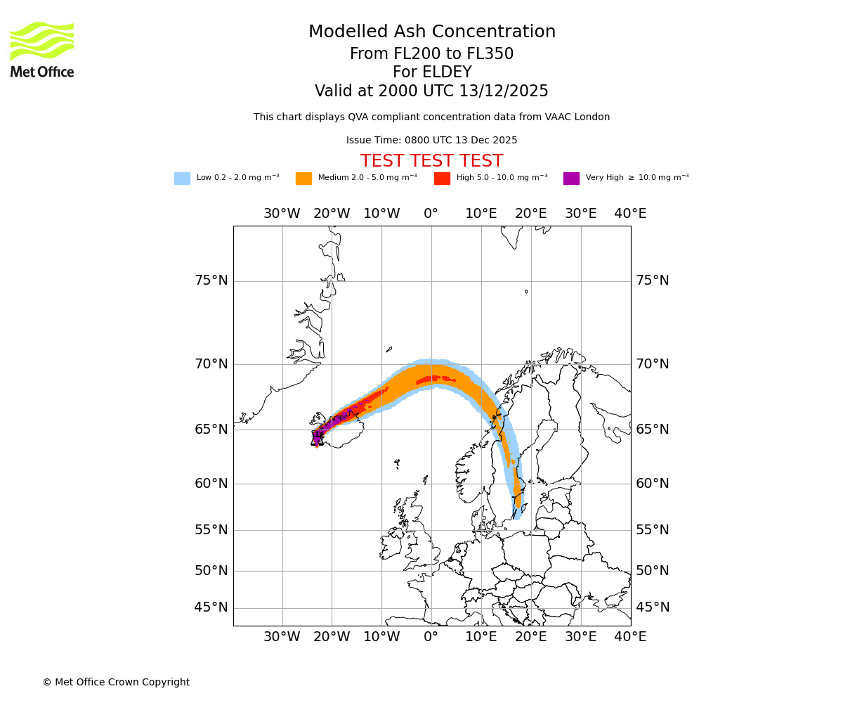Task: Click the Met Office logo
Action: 42,49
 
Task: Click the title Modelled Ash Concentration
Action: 431,32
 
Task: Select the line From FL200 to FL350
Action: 431,54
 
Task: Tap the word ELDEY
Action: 443,72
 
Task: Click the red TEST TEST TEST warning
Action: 431,161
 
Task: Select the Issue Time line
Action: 431,141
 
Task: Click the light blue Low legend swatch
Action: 182,179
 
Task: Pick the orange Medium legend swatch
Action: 303,179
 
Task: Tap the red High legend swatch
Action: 442,179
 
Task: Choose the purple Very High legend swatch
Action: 571,179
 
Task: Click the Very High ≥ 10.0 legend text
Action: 636,178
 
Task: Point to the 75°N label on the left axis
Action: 211,280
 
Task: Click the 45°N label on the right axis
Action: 652,607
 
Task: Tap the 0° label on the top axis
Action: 431,214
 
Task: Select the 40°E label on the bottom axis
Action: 630,637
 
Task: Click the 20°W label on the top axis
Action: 332,214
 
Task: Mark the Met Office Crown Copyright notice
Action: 116,683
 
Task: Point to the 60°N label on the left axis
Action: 211,484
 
